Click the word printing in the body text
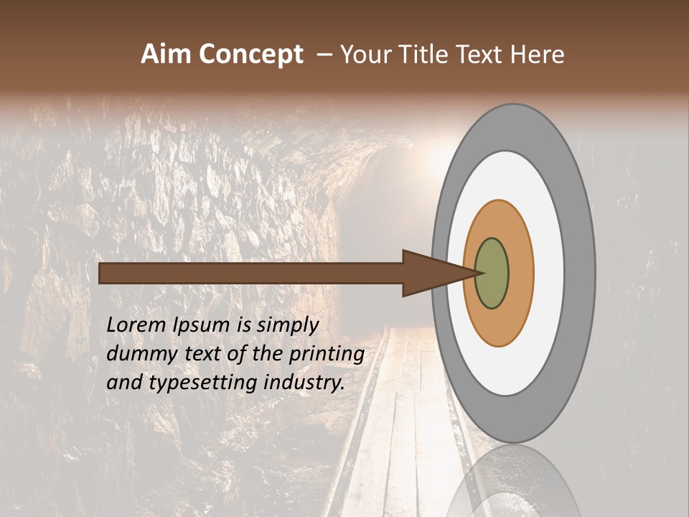click(327, 355)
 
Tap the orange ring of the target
click(520, 273)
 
